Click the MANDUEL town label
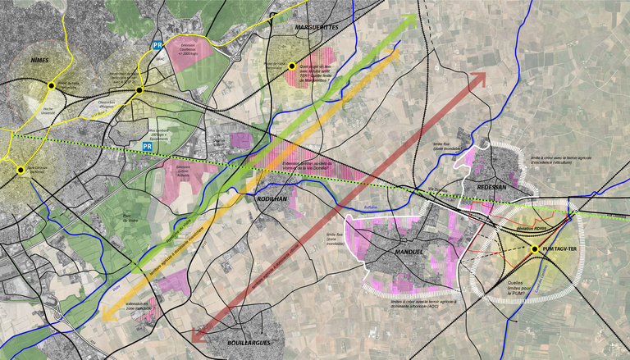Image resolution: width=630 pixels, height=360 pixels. (x=408, y=252)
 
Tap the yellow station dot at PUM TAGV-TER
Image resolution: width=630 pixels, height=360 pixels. (x=535, y=248)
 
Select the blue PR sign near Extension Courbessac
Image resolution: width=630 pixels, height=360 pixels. (x=157, y=46)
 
